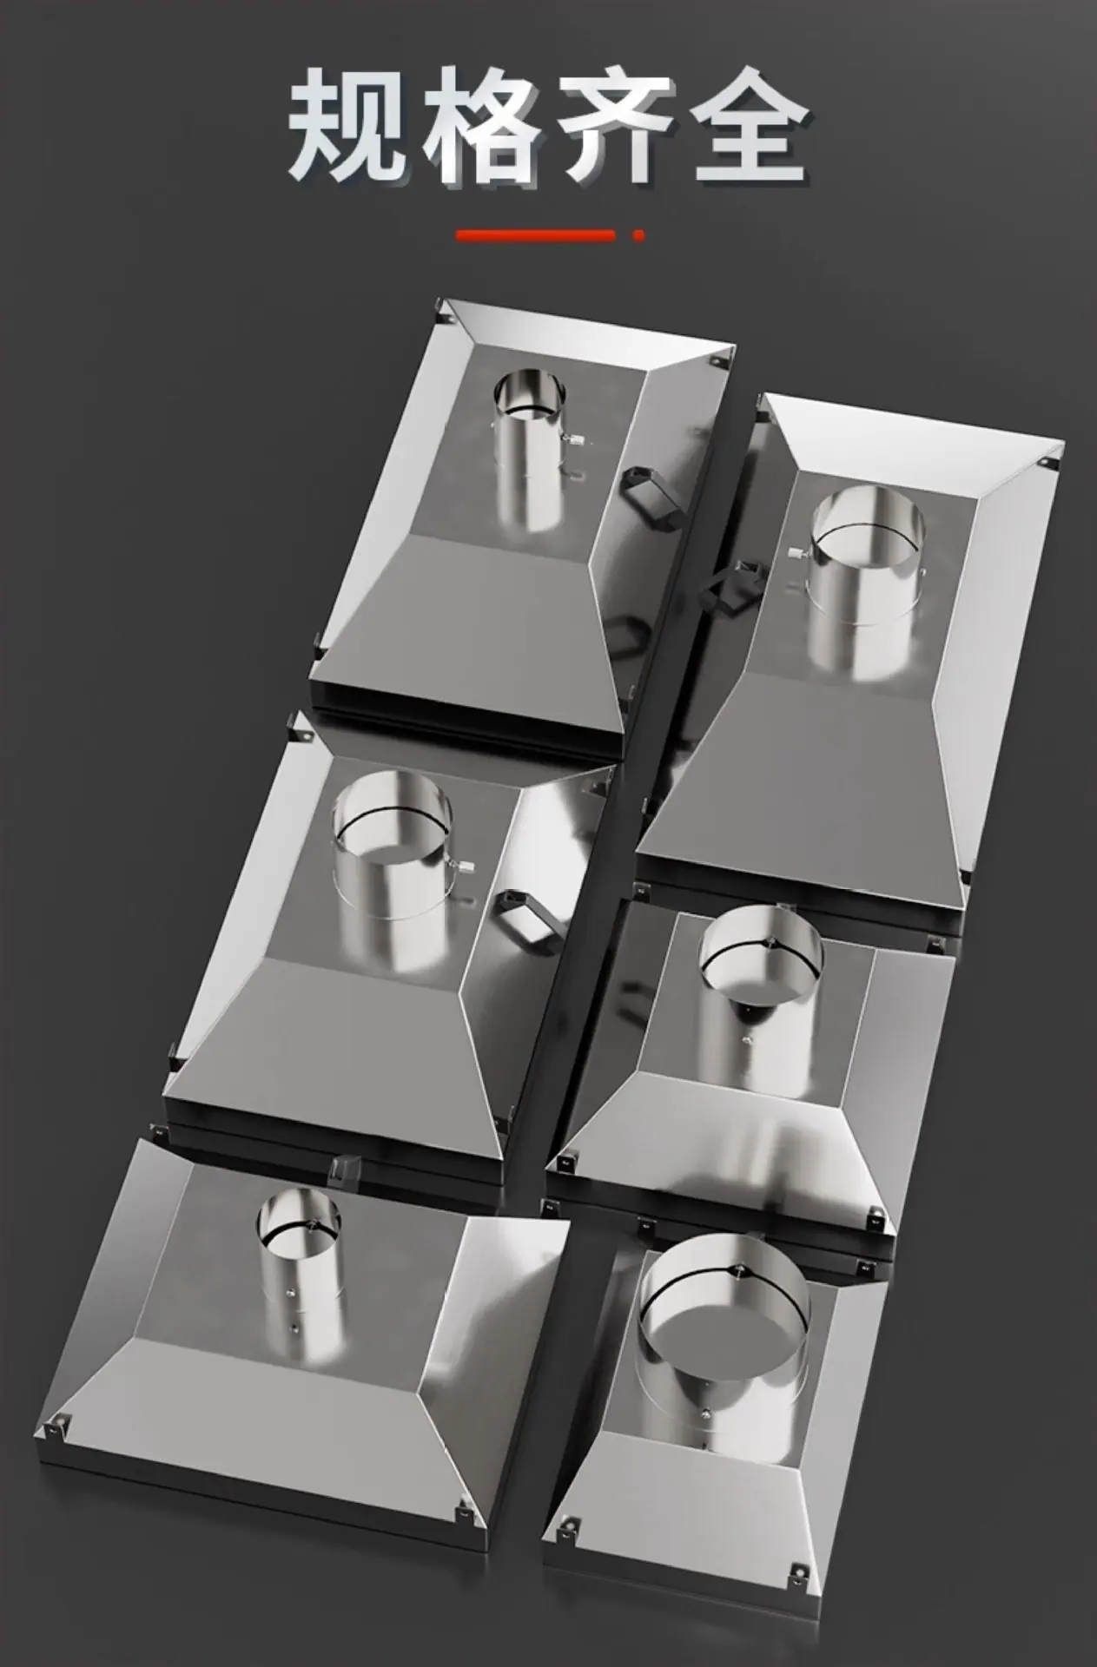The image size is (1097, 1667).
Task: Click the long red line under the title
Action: pos(537,235)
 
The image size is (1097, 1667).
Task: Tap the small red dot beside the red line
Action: pos(639,235)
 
